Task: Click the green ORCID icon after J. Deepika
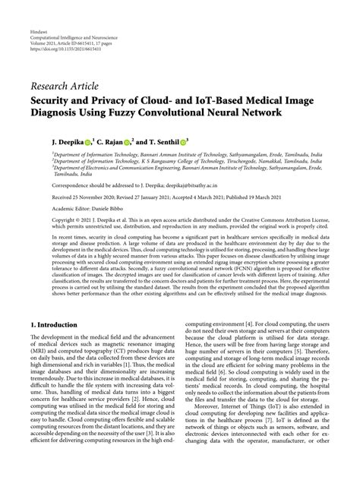pyautogui.click(x=68, y=141)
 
